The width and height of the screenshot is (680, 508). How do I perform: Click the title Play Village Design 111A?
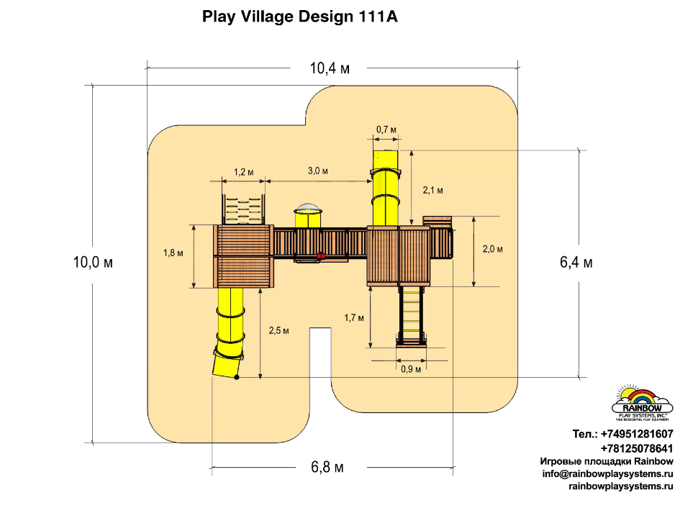[300, 17]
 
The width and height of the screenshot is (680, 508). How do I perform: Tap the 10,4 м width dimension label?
[330, 69]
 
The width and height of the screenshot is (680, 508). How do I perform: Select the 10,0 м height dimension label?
[93, 263]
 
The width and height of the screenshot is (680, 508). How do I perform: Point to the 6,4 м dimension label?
[576, 263]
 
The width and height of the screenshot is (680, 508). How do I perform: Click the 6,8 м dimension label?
[327, 468]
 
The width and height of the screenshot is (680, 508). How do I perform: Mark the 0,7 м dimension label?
[386, 130]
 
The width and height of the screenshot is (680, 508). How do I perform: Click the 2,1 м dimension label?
[432, 190]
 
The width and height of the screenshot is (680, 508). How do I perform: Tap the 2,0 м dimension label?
[492, 249]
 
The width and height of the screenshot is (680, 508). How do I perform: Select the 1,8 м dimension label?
[173, 253]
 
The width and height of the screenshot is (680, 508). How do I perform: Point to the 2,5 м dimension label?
[278, 330]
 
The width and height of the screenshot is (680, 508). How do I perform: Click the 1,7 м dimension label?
[353, 317]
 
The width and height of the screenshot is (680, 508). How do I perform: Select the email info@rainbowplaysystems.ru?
[607, 474]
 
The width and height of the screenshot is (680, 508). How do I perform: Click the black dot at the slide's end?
[237, 376]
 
